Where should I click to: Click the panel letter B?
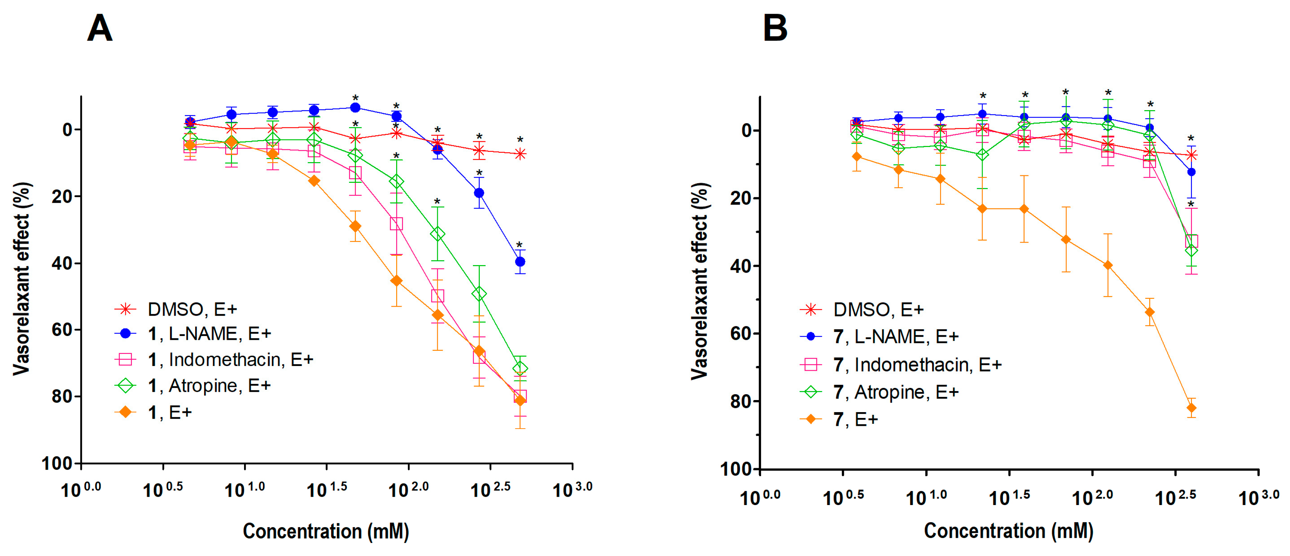pos(775,29)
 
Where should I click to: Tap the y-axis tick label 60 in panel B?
pos(741,334)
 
